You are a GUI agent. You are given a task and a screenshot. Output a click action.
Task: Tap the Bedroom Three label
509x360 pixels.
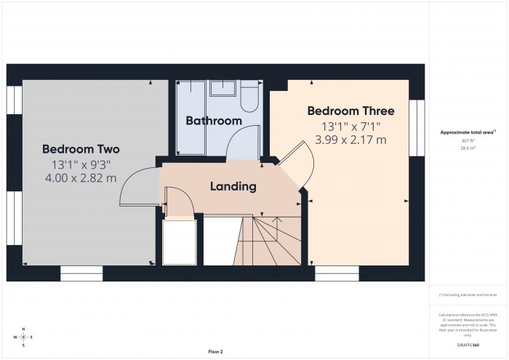pos(350,111)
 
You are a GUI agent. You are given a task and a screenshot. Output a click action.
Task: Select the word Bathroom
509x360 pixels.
pos(213,121)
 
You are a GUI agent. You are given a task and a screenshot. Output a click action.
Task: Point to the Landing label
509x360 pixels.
pos(233,186)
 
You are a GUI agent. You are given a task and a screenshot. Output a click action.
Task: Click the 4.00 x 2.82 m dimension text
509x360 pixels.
pos(80,178)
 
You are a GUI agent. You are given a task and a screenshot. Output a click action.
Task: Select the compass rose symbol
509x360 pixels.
pos(23,338)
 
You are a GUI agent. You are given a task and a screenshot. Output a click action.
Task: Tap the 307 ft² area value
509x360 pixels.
pos(468,140)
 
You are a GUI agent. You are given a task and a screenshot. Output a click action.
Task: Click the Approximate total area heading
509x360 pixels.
pos(468,132)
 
